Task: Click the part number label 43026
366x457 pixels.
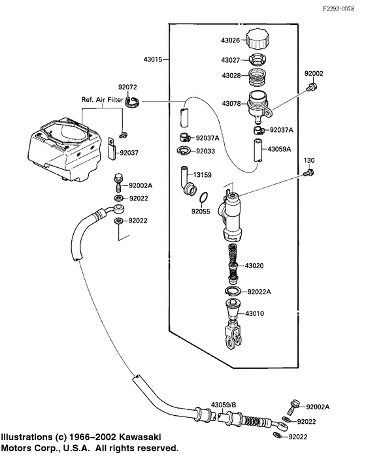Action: [232, 40]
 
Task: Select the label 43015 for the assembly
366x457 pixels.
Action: [154, 59]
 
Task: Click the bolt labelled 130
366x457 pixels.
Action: [310, 173]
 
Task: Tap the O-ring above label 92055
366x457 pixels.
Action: [205, 197]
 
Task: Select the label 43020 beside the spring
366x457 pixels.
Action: [254, 266]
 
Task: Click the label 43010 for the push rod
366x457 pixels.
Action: [254, 314]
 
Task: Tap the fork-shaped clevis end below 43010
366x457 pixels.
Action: [234, 340]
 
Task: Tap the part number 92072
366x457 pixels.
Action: [127, 86]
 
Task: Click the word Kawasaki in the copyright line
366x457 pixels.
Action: [140, 435]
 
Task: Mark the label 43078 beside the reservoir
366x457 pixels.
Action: [232, 103]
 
